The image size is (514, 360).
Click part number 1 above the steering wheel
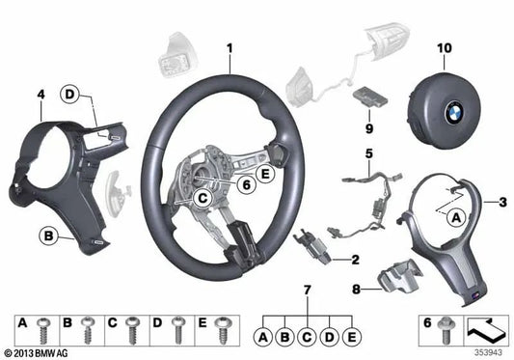230,46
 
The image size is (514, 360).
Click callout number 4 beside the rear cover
41,94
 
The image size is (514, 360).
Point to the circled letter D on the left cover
69,95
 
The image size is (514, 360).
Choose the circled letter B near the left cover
45,235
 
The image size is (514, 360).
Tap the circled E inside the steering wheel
265,176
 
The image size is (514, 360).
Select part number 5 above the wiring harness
367,152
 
